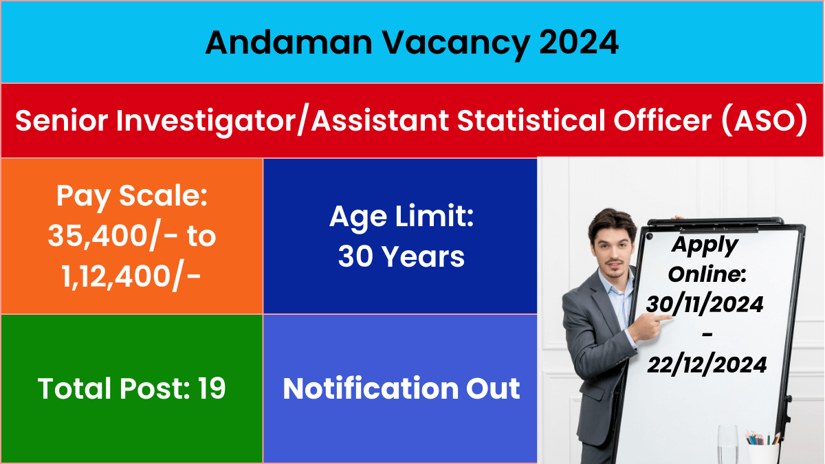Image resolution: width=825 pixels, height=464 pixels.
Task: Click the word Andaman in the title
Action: tap(289, 43)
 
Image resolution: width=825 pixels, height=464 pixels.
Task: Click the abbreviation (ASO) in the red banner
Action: tap(764, 121)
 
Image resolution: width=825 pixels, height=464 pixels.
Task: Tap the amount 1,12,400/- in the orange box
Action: tap(131, 277)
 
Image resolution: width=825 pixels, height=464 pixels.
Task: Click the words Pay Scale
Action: tap(132, 197)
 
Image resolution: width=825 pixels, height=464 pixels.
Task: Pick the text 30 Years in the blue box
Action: tap(401, 256)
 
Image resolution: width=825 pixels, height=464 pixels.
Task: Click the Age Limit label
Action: tap(401, 217)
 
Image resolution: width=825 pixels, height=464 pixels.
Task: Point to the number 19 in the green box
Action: tap(212, 388)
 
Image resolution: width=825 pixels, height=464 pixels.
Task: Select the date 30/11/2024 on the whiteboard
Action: tap(705, 305)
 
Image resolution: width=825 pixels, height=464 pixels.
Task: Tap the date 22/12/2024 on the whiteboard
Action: tap(707, 365)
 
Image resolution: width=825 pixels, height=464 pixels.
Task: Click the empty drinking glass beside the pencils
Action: tap(727, 445)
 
